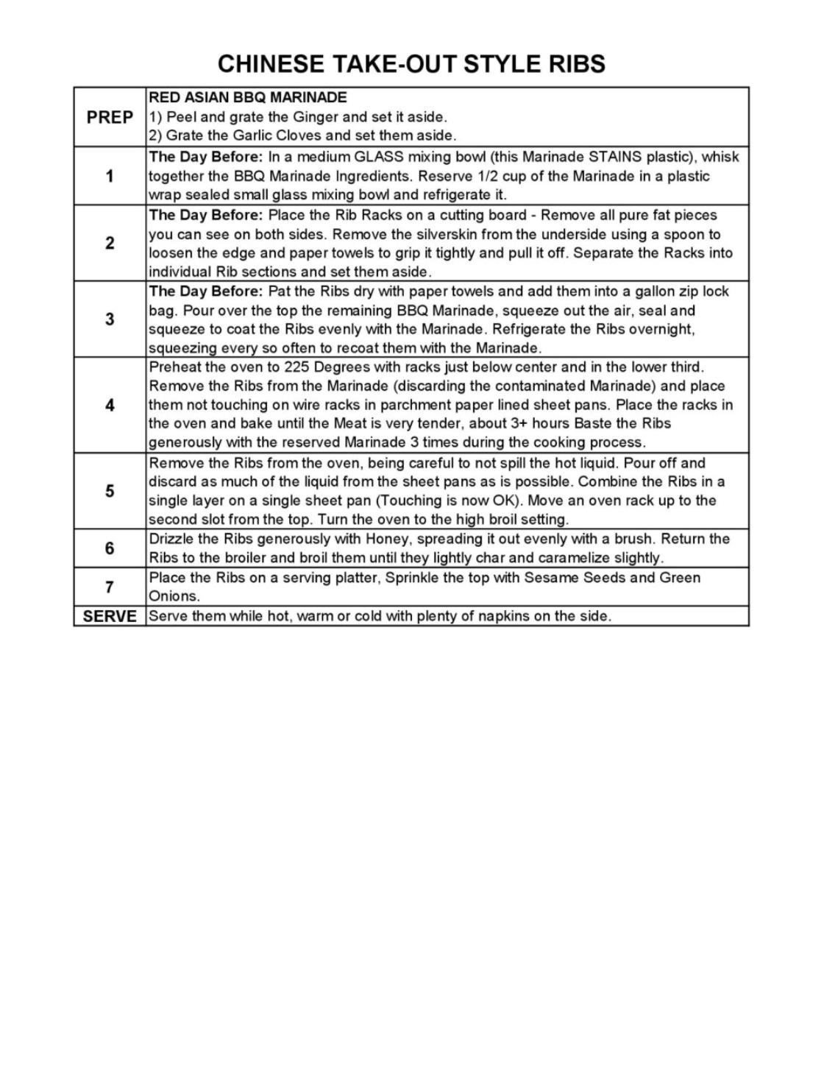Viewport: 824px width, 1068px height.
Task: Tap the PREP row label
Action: coord(110,117)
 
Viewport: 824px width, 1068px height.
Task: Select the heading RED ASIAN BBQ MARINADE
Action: coord(248,97)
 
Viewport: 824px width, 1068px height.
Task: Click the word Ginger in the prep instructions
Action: coord(317,117)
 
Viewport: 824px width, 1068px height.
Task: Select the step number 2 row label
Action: coord(110,243)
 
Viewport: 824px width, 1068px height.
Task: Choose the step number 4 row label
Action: coord(110,405)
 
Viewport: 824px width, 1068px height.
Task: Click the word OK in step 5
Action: coord(500,501)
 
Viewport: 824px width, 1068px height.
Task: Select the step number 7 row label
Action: coord(110,587)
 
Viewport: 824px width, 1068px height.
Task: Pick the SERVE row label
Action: coord(110,616)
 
